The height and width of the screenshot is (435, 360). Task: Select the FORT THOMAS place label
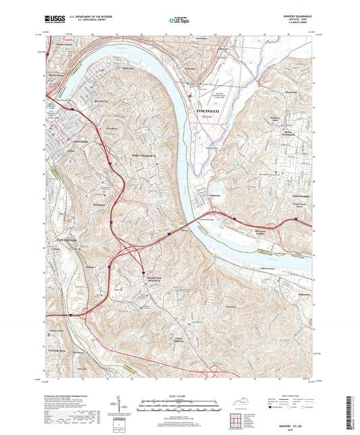tap(143, 155)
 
